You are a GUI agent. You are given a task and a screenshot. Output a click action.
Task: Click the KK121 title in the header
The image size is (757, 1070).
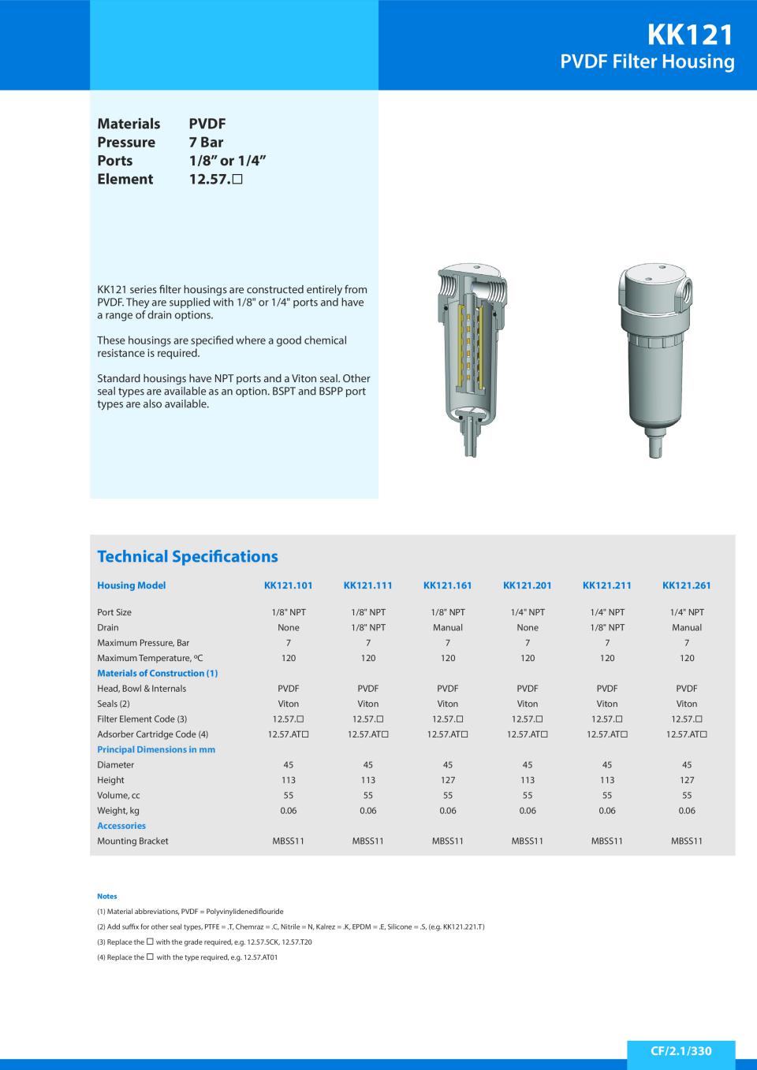pyautogui.click(x=690, y=35)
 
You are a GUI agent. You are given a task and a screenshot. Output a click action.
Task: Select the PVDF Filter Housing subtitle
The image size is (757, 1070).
pyautogui.click(x=647, y=62)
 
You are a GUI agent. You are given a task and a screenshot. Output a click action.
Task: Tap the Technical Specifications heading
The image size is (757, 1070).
pyautogui.click(x=188, y=556)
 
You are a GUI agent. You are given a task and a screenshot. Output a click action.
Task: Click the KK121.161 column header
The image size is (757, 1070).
pyautogui.click(x=447, y=585)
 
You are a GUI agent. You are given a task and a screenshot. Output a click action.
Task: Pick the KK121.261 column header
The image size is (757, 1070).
pyautogui.click(x=686, y=585)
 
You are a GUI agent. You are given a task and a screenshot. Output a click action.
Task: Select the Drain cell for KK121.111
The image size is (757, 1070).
pyautogui.click(x=367, y=628)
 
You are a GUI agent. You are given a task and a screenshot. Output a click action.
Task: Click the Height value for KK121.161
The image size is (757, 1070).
pyautogui.click(x=447, y=780)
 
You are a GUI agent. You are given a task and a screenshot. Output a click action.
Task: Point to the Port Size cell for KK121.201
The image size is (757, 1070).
pyautogui.click(x=527, y=612)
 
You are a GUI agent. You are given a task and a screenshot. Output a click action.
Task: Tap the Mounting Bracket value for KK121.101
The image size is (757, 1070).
pyautogui.click(x=288, y=842)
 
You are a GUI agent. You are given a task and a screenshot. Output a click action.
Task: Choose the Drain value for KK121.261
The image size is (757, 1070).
pyautogui.click(x=686, y=628)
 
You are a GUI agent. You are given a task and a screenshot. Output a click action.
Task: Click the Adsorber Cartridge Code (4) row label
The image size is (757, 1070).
pyautogui.click(x=152, y=734)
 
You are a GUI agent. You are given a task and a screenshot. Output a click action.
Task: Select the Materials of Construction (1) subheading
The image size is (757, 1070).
pyautogui.click(x=157, y=674)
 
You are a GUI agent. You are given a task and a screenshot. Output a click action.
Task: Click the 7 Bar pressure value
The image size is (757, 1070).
pyautogui.click(x=206, y=143)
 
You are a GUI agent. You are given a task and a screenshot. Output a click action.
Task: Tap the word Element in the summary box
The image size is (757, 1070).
pyautogui.click(x=125, y=179)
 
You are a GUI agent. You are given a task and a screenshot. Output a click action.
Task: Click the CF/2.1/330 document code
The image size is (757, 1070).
pyautogui.click(x=681, y=1051)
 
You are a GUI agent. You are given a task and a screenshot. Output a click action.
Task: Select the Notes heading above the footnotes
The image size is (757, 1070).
pyautogui.click(x=106, y=897)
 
